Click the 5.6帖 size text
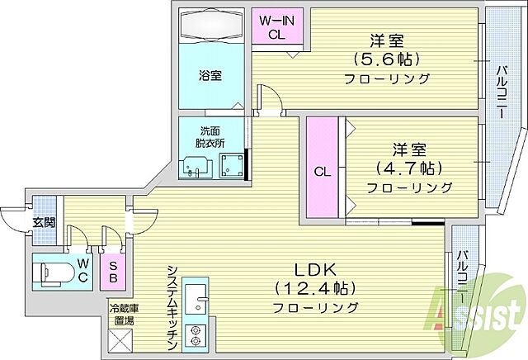click(x=386, y=59)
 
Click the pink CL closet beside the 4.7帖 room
click(x=323, y=172)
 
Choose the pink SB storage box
click(x=113, y=271)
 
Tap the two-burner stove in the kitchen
click(x=196, y=334)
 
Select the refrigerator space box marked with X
click(x=119, y=339)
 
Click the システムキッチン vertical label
click(x=172, y=305)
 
